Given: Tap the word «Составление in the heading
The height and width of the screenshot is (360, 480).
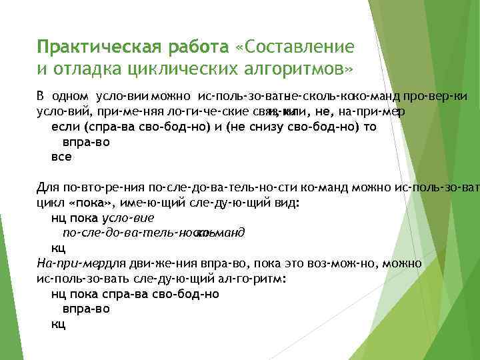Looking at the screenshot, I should (x=295, y=47).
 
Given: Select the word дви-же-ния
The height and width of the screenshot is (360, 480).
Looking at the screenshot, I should (x=151, y=263).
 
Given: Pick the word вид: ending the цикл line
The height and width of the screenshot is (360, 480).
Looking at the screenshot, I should (x=269, y=201).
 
